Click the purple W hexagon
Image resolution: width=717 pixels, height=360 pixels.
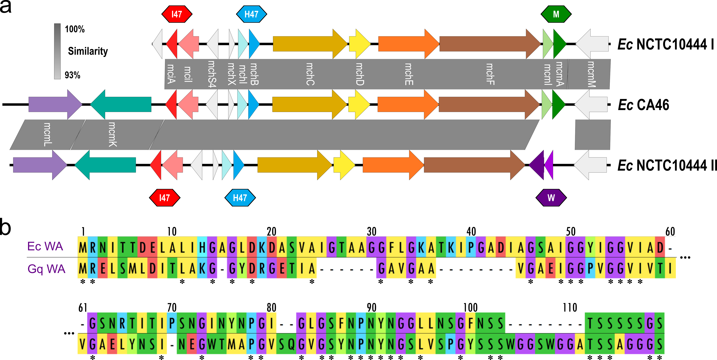(x=551, y=198)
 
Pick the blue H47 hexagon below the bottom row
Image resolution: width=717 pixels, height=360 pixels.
(x=240, y=198)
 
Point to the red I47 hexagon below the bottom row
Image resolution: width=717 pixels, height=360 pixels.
(x=165, y=198)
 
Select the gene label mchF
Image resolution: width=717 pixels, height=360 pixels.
(x=490, y=74)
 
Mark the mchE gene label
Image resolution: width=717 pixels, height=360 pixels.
(x=409, y=74)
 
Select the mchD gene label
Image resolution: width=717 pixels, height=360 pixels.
(x=360, y=74)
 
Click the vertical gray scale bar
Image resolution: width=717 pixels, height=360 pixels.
(x=57, y=51)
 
